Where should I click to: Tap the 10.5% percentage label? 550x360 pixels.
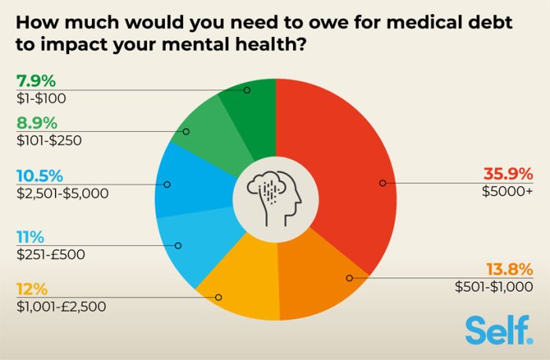(37, 176)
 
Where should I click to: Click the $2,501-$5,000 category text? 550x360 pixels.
(61, 193)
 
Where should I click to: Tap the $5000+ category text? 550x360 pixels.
(509, 190)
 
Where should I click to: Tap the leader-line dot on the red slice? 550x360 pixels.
(383, 183)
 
